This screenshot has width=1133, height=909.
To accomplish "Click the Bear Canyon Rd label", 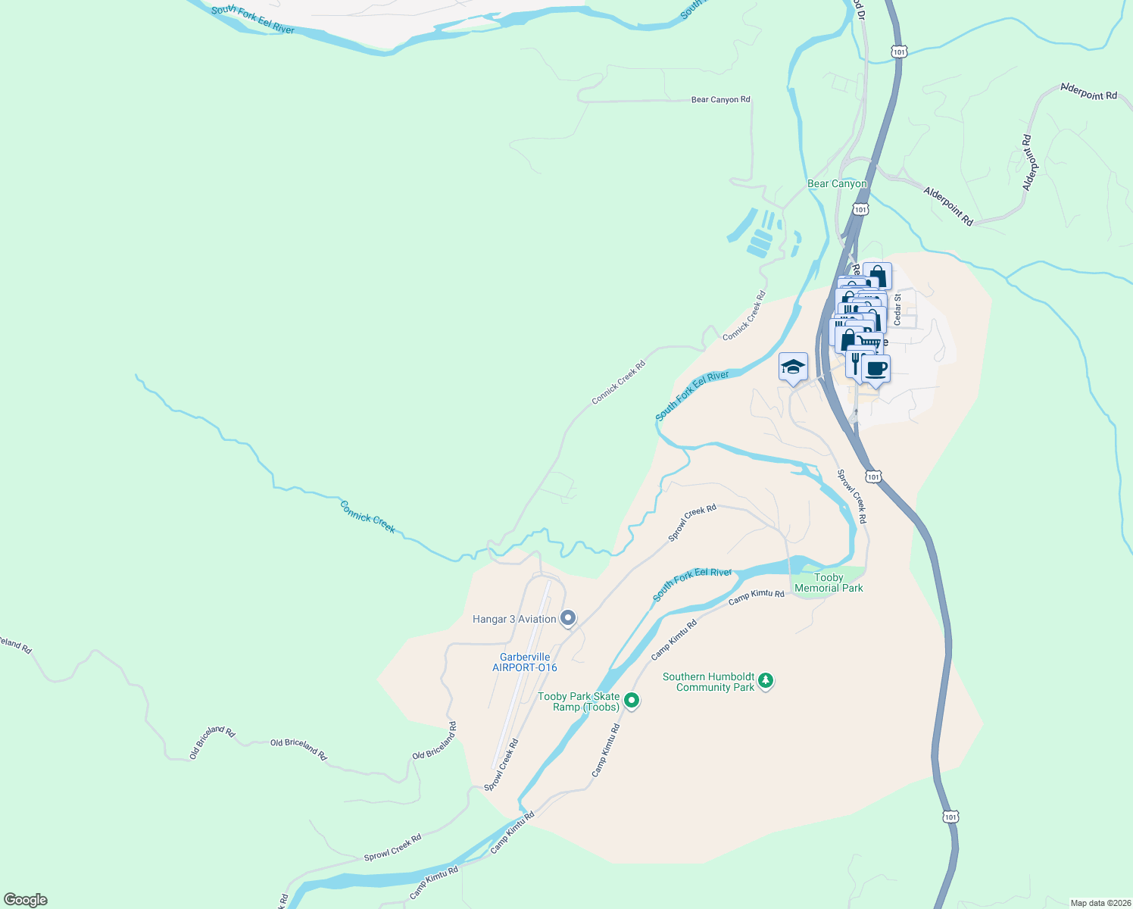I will tap(720, 99).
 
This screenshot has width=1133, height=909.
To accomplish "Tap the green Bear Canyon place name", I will tap(837, 183).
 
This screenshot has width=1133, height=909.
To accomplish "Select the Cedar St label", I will tap(897, 310).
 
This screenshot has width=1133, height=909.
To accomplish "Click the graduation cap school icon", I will tap(793, 367).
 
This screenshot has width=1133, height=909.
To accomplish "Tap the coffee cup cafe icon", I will tap(875, 369).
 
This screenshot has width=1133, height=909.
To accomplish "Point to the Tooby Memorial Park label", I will tap(829, 583).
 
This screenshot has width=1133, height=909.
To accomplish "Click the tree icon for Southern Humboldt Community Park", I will tap(766, 681).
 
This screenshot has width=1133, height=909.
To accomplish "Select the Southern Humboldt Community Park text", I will tap(708, 682).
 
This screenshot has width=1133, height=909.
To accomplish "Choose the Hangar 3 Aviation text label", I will tap(514, 619).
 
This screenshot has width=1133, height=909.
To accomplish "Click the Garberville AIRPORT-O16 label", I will tap(525, 662).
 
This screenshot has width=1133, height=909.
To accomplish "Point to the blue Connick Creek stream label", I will tap(367, 517).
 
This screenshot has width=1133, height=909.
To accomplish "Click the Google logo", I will tap(26, 899).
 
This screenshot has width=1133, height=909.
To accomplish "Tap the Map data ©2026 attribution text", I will tap(1099, 903).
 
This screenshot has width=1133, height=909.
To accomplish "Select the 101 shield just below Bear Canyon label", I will tap(860, 209).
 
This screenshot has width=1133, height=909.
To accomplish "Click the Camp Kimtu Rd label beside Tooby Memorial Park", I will tap(756, 597).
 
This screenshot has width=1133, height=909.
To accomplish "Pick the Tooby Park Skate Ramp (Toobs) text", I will tap(579, 701).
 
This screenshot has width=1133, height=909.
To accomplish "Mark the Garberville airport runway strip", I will tap(522, 674).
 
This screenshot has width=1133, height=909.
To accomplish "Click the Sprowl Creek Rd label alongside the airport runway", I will tap(502, 765).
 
